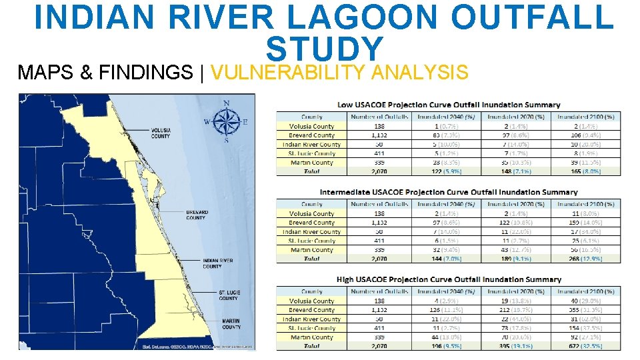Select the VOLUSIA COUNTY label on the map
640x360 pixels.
161,133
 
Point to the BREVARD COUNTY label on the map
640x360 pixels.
197,215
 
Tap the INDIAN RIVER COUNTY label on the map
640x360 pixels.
218,263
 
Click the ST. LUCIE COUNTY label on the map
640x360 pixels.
228,295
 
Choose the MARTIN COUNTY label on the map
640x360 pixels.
231,324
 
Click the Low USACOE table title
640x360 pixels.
449,105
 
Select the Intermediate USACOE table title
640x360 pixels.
449,192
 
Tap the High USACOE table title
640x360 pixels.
449,279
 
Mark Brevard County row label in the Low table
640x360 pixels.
311,135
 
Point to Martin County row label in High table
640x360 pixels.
311,337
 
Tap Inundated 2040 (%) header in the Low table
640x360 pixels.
446,117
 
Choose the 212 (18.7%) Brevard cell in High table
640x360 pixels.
515,310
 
